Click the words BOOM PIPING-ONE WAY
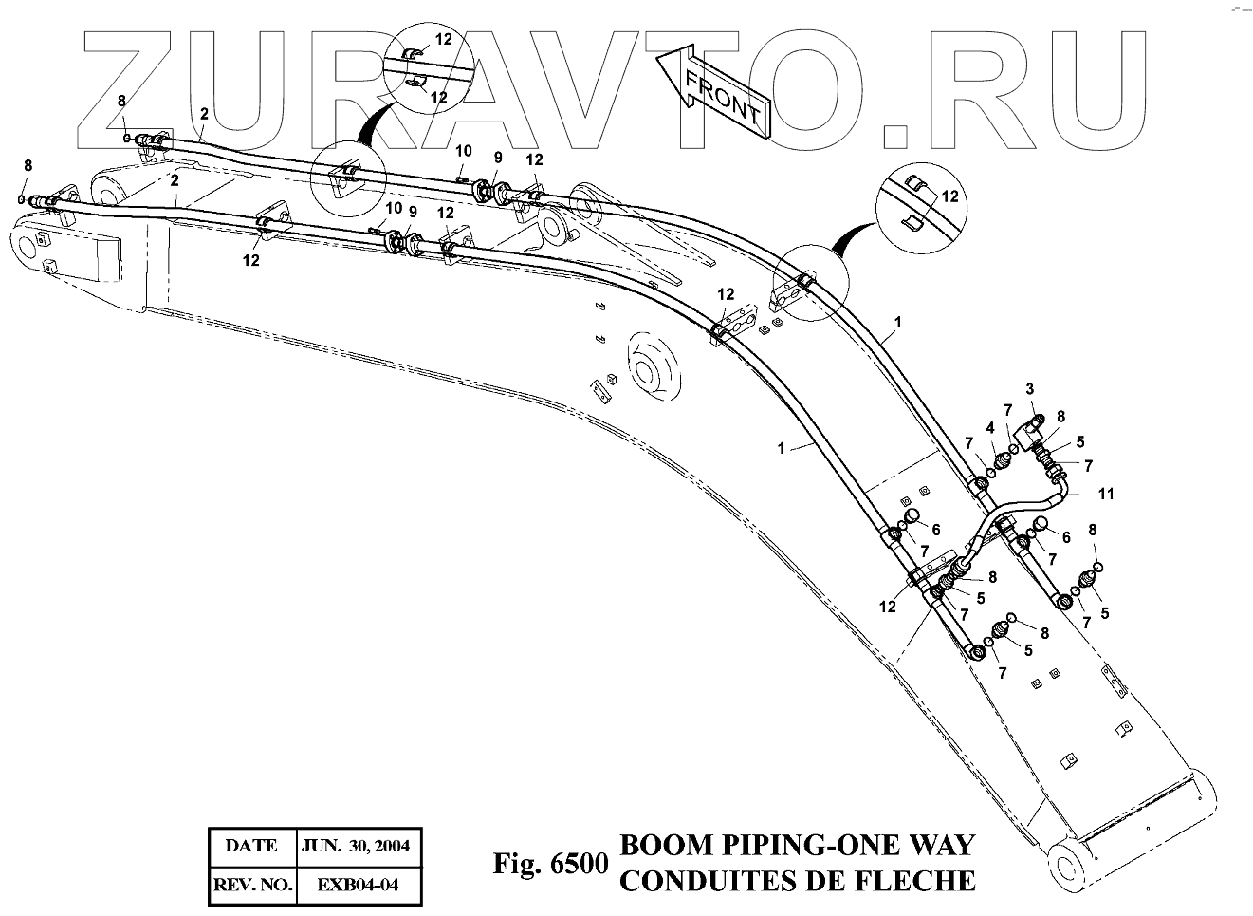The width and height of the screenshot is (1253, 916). pyautogui.click(x=796, y=845)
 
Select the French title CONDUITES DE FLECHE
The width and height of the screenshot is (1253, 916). pyautogui.click(x=796, y=881)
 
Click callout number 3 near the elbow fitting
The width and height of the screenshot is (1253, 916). pyautogui.click(x=1029, y=389)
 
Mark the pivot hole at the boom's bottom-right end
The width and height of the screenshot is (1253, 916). pyautogui.click(x=1072, y=866)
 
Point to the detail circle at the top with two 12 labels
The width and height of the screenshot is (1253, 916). pyautogui.click(x=428, y=65)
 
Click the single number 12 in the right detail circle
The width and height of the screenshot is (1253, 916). pyautogui.click(x=950, y=196)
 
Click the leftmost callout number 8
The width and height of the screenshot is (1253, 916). pyautogui.click(x=28, y=165)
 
